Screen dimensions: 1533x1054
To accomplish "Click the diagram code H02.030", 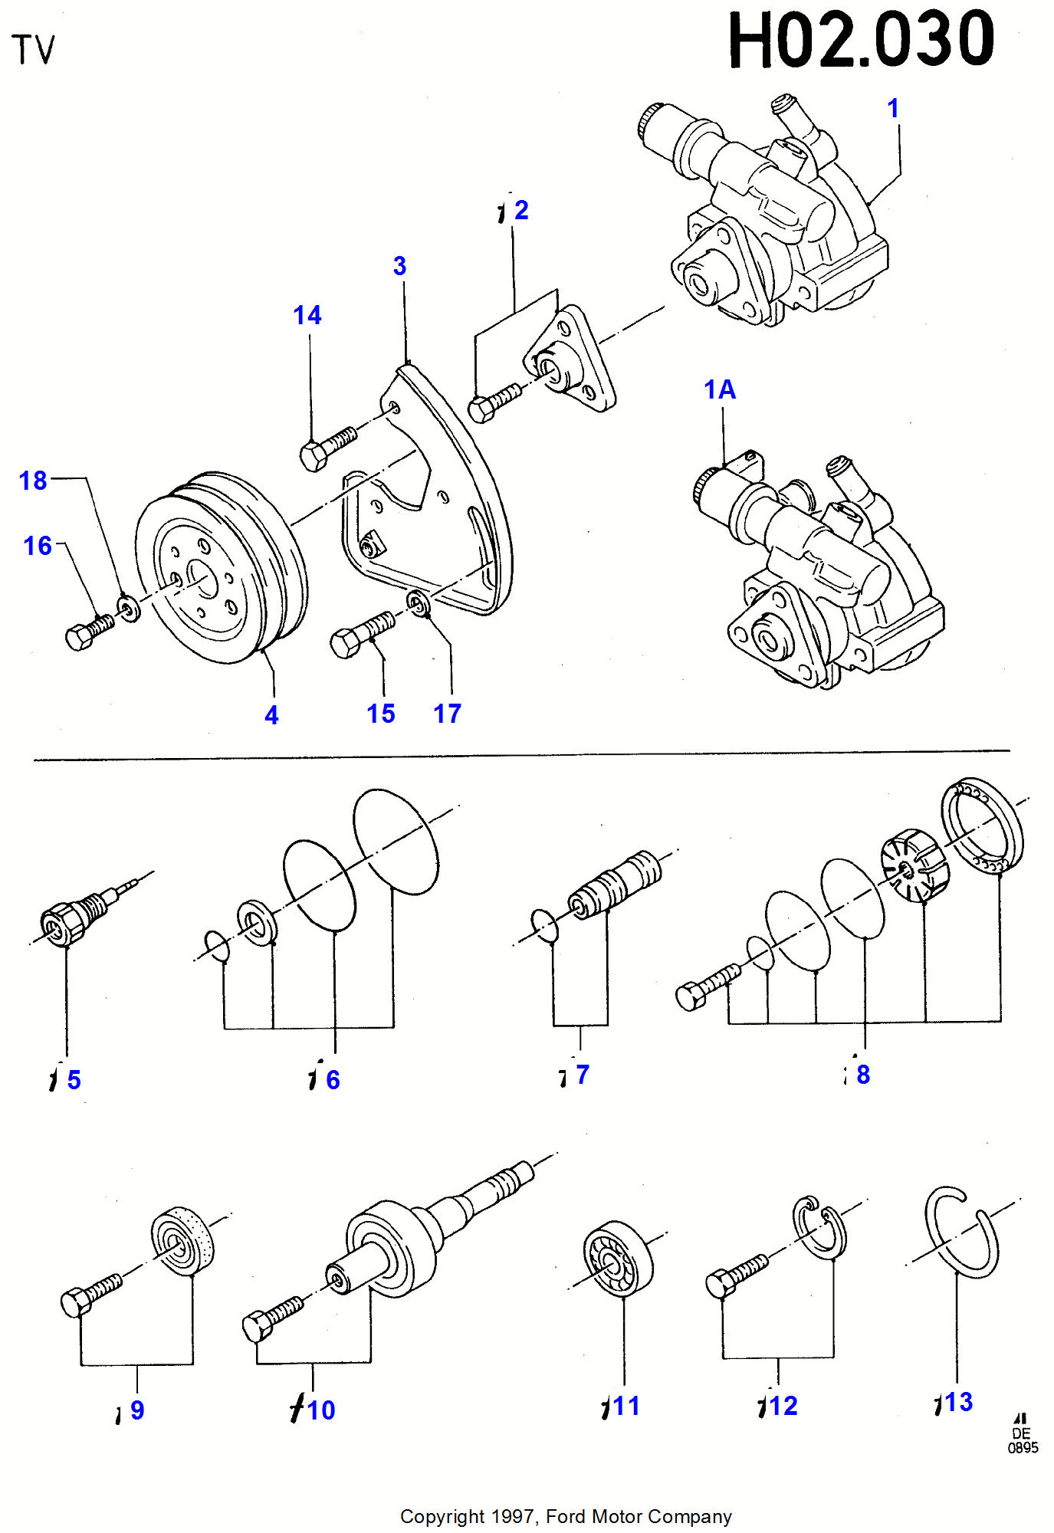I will [861, 40].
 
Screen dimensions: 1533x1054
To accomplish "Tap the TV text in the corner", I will [34, 51].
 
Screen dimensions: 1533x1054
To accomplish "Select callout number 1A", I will [719, 389].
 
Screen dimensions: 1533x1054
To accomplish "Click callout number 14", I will [307, 315].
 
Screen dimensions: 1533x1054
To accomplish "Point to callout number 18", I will [33, 481].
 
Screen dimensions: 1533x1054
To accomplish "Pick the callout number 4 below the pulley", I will [271, 715].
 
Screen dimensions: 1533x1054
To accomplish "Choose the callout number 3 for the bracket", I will [399, 266].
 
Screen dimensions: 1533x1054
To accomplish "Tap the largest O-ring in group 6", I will [396, 842].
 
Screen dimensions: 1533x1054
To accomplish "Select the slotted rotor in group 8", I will [915, 865].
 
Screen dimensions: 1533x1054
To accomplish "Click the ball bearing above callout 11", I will [617, 1259].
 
